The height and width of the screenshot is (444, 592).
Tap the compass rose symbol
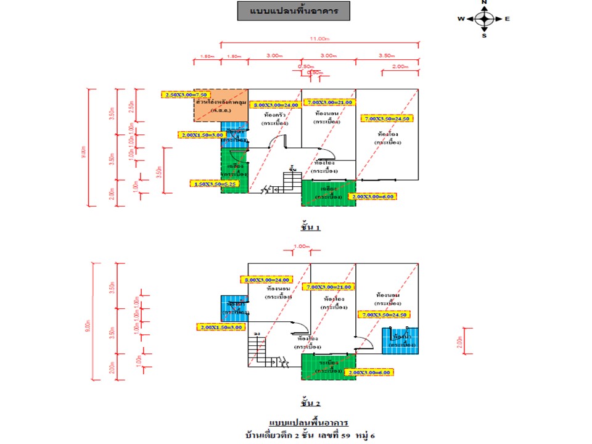[484, 18]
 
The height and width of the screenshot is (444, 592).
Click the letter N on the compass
[484, 3]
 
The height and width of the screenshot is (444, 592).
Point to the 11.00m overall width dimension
[318, 39]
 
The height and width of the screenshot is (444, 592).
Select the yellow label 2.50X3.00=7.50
[178, 95]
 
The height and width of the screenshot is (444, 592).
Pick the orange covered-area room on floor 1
[221, 105]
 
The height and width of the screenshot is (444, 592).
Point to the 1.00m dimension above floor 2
[301, 247]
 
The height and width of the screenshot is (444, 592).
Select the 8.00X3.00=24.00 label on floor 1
[275, 105]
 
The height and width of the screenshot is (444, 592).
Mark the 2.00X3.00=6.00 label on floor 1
[372, 197]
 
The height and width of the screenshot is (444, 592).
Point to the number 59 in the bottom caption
[349, 435]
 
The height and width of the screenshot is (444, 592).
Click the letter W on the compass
[461, 19]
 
